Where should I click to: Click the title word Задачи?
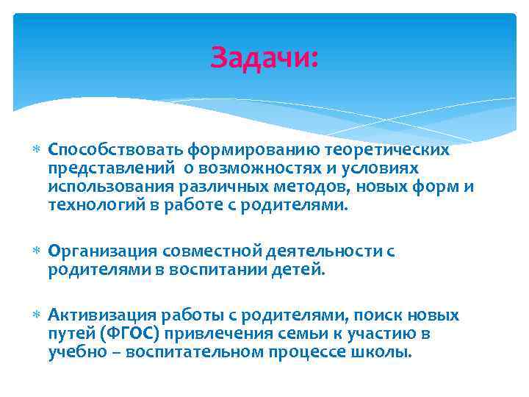264,57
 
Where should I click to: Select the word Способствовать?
115,150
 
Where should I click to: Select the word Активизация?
103,315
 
